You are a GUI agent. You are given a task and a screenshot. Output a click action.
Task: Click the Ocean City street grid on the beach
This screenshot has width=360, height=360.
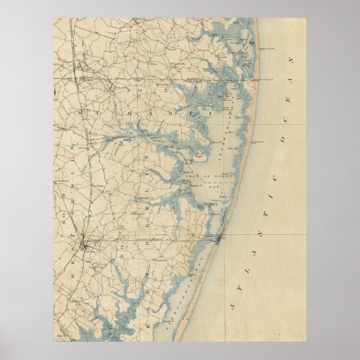[x=218, y=238]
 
